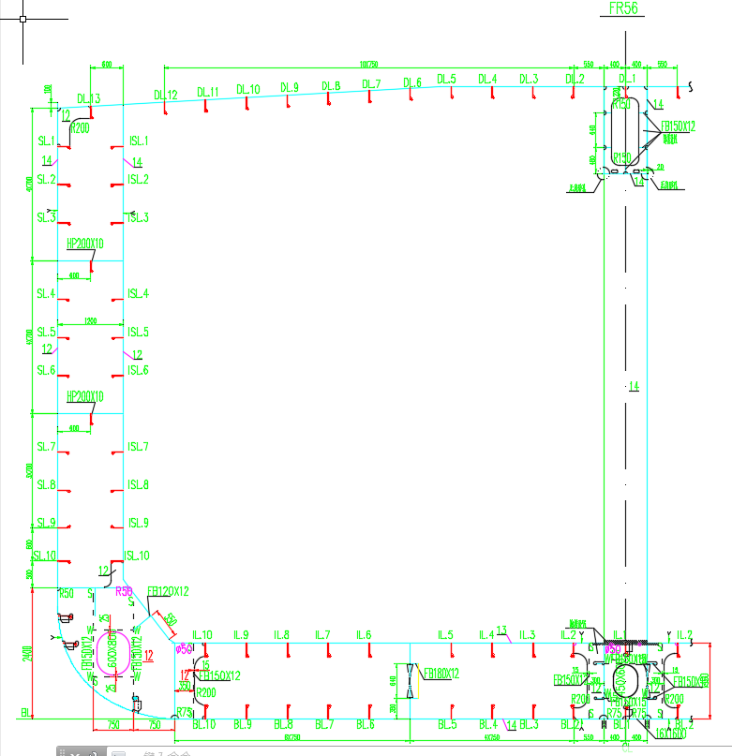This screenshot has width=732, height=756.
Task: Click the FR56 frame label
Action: point(623,8)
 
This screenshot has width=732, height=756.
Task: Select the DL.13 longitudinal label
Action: point(88,97)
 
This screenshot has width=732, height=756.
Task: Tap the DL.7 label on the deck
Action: point(371,84)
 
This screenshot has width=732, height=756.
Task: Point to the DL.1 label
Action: point(627,78)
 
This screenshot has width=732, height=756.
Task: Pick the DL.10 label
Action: point(248,89)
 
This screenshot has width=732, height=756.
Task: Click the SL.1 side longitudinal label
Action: point(46,141)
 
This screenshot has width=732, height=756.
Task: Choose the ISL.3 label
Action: point(139,217)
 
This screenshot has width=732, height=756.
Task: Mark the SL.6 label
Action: point(46,370)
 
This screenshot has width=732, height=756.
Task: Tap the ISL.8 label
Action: point(139,484)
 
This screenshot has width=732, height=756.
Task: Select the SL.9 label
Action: point(46,523)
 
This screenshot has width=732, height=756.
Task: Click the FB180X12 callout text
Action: point(441,674)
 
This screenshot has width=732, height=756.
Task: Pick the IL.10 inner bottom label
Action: point(202,634)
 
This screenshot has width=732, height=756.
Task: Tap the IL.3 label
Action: point(528,634)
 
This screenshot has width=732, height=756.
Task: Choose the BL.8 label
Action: point(283,724)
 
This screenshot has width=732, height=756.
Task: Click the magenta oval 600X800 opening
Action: point(116,648)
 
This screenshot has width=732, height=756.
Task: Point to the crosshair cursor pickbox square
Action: point(22,18)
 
